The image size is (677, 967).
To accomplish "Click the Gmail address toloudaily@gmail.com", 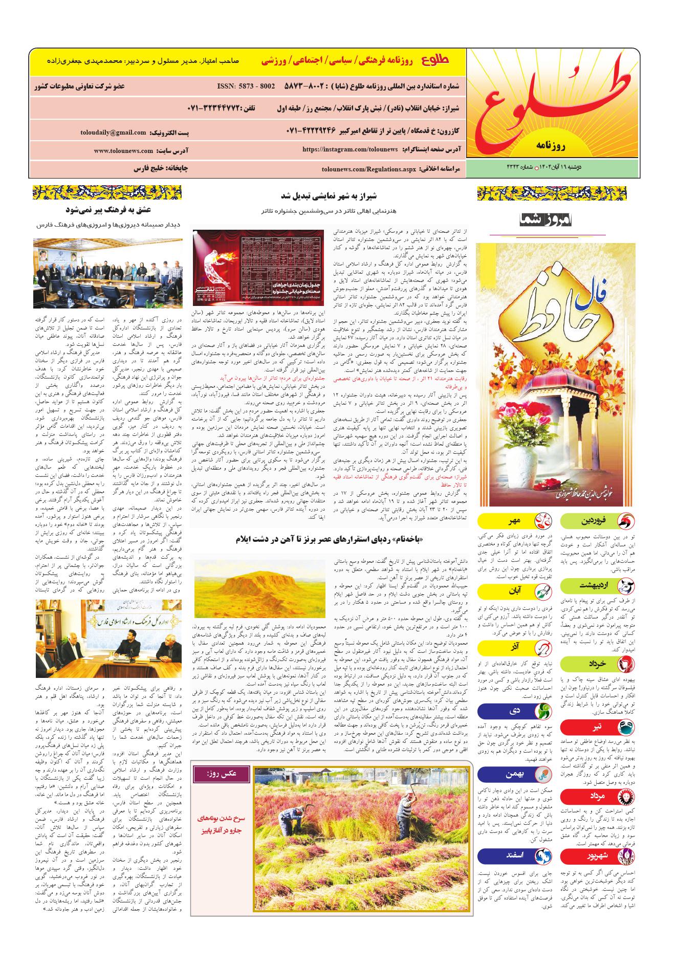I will [113, 133].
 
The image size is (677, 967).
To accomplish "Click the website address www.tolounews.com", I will [124, 151].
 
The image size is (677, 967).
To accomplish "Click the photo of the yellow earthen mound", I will [259, 588].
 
